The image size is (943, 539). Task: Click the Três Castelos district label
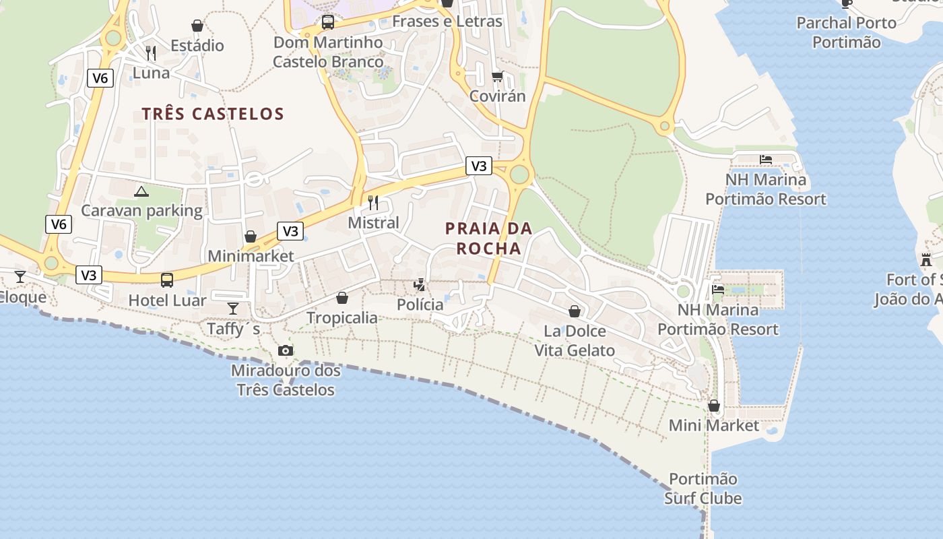click(x=213, y=114)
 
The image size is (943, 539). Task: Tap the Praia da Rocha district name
click(x=489, y=239)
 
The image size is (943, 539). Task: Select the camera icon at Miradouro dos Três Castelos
click(x=286, y=350)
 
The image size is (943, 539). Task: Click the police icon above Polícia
click(x=420, y=284)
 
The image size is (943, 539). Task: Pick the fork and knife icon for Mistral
click(x=373, y=202)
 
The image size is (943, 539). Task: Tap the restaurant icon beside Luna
click(x=151, y=53)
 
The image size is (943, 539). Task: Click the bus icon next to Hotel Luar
click(x=166, y=280)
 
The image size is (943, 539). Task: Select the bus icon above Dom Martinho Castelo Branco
click(x=328, y=22)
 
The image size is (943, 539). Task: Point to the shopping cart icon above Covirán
click(x=497, y=76)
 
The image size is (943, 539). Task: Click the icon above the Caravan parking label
click(x=141, y=191)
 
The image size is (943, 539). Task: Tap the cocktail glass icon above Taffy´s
click(x=233, y=309)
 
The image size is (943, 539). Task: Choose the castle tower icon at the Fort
click(x=926, y=259)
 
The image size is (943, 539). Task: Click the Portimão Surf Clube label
click(x=703, y=489)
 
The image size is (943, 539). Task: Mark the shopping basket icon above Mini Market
click(x=714, y=406)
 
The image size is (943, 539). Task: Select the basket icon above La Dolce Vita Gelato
click(x=575, y=311)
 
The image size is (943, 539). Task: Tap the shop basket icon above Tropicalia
click(x=342, y=297)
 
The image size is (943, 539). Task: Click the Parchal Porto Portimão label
click(x=847, y=32)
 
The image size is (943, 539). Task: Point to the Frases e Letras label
click(x=447, y=22)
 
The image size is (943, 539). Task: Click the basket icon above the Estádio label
click(x=197, y=26)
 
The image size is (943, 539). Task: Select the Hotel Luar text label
click(x=167, y=300)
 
